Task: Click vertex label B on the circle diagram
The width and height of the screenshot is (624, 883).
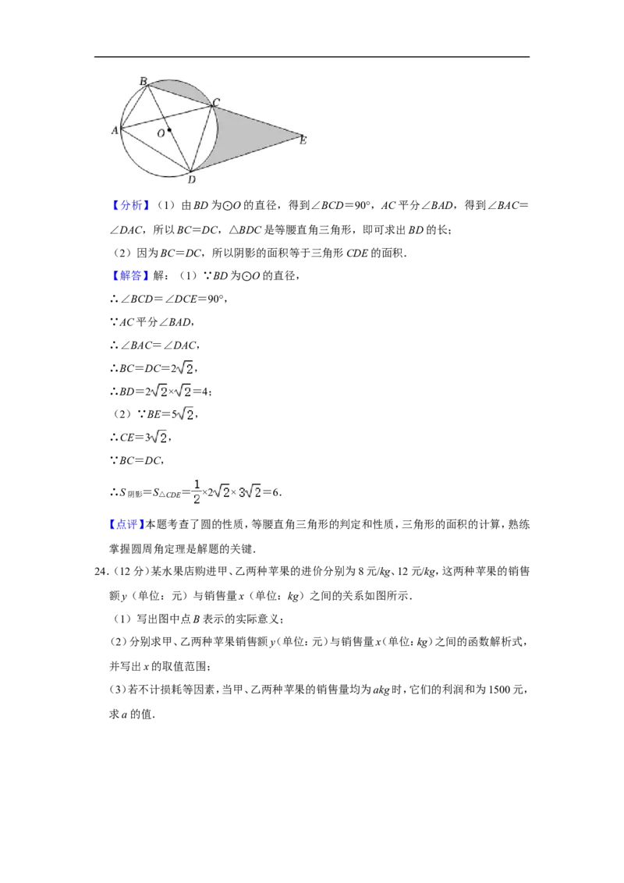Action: click(x=143, y=82)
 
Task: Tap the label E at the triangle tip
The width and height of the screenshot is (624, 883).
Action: click(x=303, y=140)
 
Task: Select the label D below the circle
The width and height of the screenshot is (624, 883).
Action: click(x=191, y=179)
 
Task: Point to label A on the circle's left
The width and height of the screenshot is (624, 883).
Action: click(x=115, y=130)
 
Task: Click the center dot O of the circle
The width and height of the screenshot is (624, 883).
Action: click(x=169, y=130)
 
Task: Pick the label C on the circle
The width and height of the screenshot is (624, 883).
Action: click(x=216, y=102)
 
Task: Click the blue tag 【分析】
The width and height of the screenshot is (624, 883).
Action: click(x=130, y=206)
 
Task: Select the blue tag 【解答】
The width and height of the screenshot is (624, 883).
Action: click(x=130, y=275)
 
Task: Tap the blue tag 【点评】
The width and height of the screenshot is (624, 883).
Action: click(x=126, y=524)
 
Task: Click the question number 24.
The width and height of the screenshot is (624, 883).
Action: click(x=101, y=572)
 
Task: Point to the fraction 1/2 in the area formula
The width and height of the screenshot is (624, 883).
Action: click(x=197, y=491)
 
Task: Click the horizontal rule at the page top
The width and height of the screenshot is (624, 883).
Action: click(x=312, y=57)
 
